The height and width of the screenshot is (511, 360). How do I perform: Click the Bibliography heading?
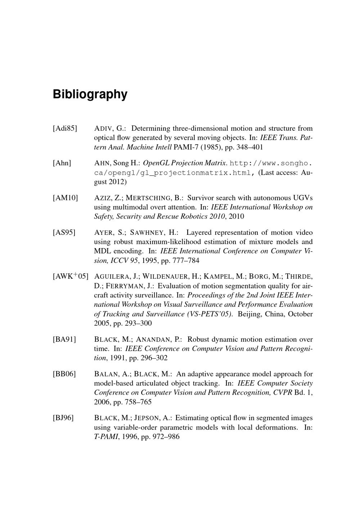point(90,94)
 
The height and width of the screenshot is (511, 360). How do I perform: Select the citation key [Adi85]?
point(65,129)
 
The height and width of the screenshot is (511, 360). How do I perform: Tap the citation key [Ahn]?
point(62,163)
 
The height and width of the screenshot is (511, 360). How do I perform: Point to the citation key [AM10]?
point(65,198)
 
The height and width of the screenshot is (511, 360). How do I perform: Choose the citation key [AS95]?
point(64,233)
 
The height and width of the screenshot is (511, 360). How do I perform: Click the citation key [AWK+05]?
point(70,276)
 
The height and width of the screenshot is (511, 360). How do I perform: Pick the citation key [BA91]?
point(64,340)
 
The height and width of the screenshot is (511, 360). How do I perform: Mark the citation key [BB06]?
point(64,374)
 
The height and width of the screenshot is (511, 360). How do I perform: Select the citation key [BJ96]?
point(63,418)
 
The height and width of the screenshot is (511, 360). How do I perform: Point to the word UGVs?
point(303,198)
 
